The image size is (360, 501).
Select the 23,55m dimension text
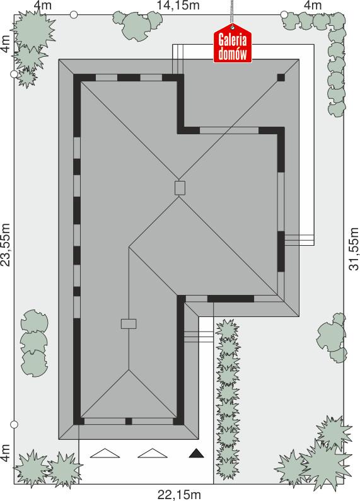[6, 245]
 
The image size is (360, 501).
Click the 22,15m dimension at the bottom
[180, 493]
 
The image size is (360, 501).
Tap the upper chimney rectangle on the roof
[180, 188]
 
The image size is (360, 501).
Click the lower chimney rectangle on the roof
[129, 323]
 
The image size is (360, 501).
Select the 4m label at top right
[313, 6]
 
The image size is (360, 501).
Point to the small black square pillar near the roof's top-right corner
[281, 78]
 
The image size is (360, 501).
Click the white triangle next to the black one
[151, 452]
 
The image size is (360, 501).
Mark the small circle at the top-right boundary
[284, 14]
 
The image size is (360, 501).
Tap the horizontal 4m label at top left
[44, 6]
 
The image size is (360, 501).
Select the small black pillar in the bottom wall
[128, 421]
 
